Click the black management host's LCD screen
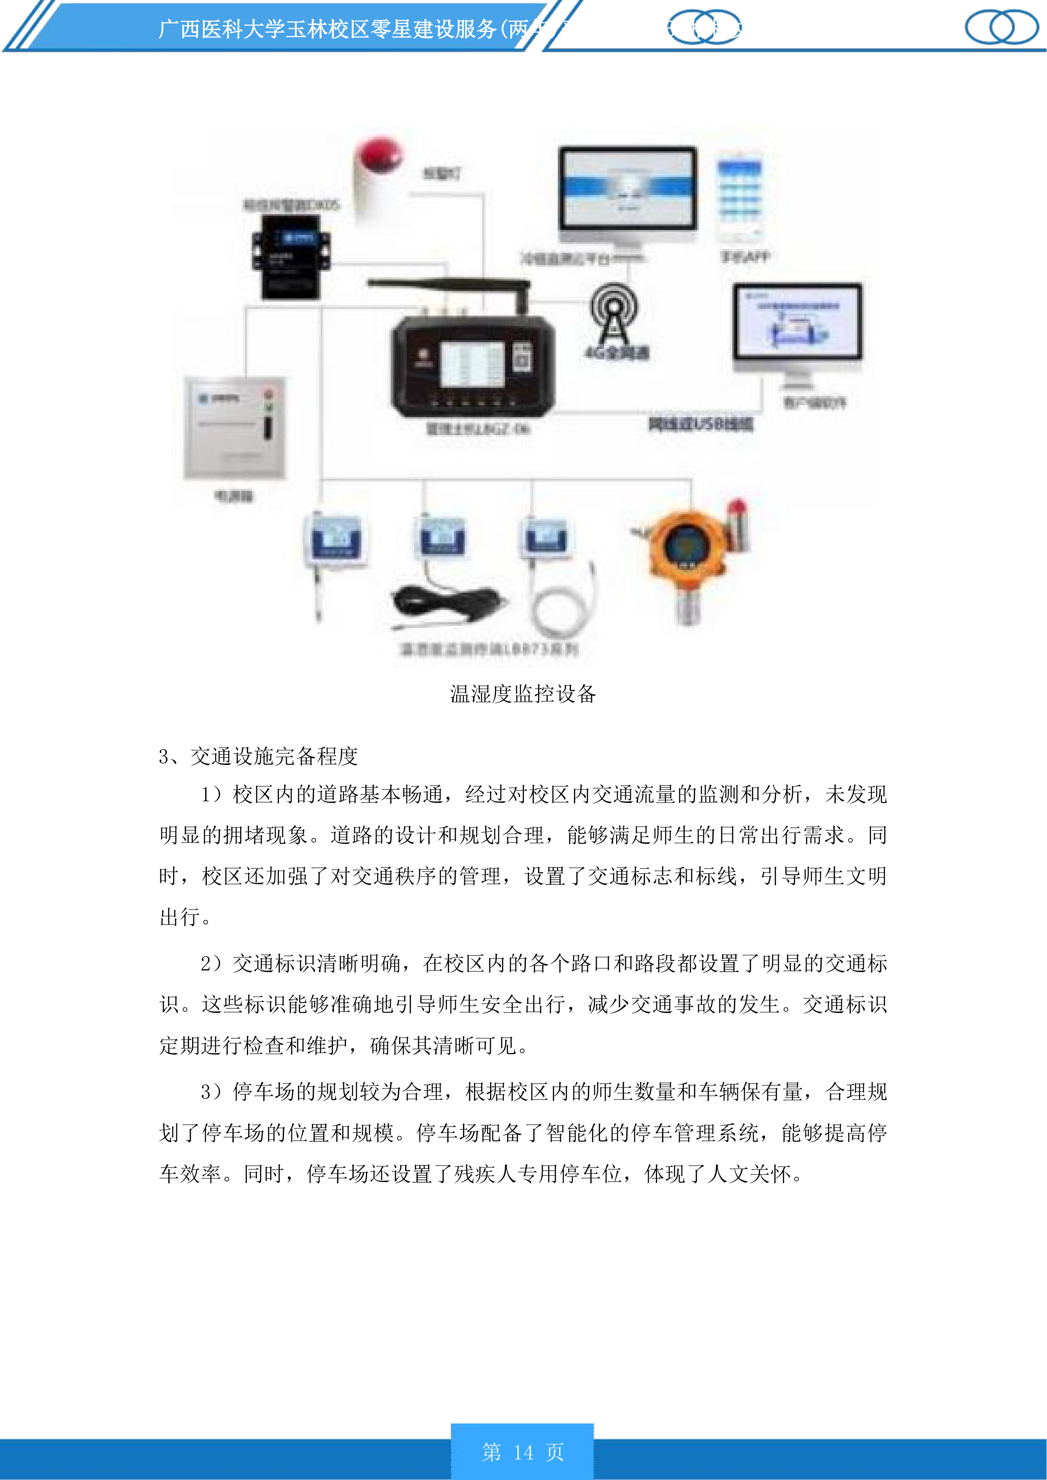(x=471, y=364)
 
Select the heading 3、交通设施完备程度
(x=258, y=756)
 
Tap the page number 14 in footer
(x=523, y=1452)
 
